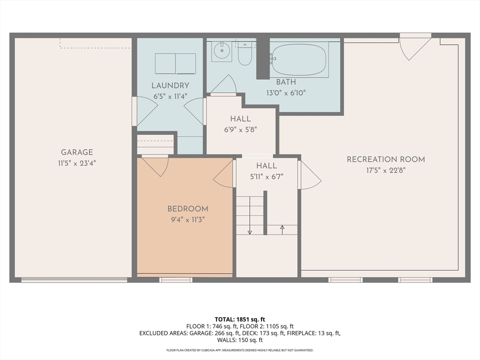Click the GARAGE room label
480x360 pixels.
click(x=77, y=152)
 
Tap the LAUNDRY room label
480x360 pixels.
click(x=171, y=86)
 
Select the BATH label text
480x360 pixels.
click(x=286, y=82)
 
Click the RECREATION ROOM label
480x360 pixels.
click(x=386, y=159)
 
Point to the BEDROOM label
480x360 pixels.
click(x=187, y=209)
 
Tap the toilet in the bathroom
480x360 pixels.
click(x=245, y=54)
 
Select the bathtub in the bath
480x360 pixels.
click(x=299, y=60)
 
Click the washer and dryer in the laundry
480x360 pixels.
click(x=175, y=64)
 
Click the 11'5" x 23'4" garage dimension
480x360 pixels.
click(x=77, y=163)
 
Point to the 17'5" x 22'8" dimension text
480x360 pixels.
click(x=386, y=170)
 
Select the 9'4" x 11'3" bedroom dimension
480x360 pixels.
click(x=187, y=220)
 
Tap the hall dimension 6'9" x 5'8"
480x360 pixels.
click(x=240, y=130)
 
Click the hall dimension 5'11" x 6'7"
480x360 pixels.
click(x=267, y=177)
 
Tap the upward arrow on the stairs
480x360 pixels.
click(x=282, y=230)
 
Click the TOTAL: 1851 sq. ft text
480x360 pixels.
click(x=240, y=320)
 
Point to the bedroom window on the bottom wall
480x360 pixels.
click(x=176, y=280)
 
